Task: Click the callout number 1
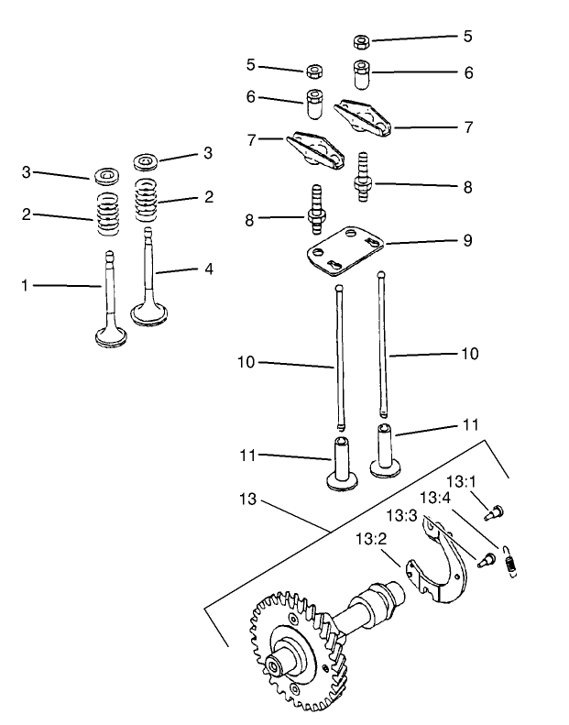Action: click(26, 286)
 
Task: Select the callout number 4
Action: click(209, 269)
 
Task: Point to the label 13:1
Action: click(461, 481)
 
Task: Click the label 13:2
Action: click(369, 540)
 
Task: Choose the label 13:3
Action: click(400, 515)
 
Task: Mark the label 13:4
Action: click(434, 498)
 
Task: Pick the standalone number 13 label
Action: click(247, 501)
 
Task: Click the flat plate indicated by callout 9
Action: click(344, 248)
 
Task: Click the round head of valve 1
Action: click(112, 336)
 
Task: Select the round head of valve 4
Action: click(150, 313)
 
